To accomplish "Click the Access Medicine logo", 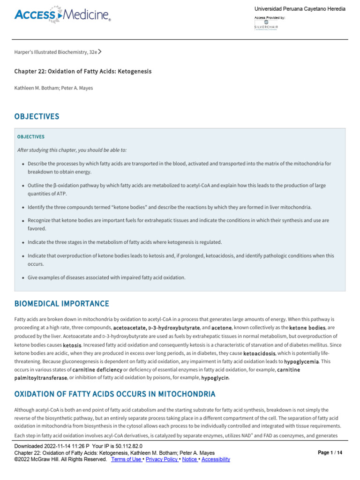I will click(62, 15).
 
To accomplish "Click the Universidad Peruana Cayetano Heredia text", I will click(300, 9).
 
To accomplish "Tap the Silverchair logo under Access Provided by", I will click(266, 25).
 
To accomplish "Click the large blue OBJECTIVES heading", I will click(37, 116).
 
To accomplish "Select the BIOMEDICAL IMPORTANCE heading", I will click(61, 304).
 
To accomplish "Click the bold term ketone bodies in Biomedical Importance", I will click(307, 327).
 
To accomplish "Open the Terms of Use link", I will click(127, 459).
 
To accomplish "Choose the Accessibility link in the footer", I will click(216, 459).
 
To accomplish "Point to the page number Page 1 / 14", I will click(330, 453).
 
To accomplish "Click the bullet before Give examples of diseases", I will click(23, 277).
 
